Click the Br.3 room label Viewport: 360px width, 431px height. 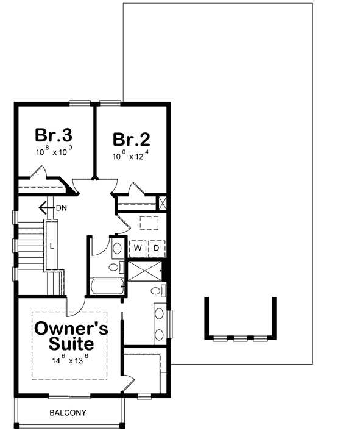click(54, 135)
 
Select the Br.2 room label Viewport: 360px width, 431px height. click(131, 139)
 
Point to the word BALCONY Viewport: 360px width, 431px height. click(68, 413)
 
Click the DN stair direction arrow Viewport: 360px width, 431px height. click(47, 208)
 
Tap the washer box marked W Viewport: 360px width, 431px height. click(138, 248)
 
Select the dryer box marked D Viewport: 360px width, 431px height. click(156, 248)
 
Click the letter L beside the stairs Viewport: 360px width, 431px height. click(52, 246)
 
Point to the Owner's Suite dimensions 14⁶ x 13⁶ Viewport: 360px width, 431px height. click(70, 360)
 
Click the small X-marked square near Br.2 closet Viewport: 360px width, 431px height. click(163, 203)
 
